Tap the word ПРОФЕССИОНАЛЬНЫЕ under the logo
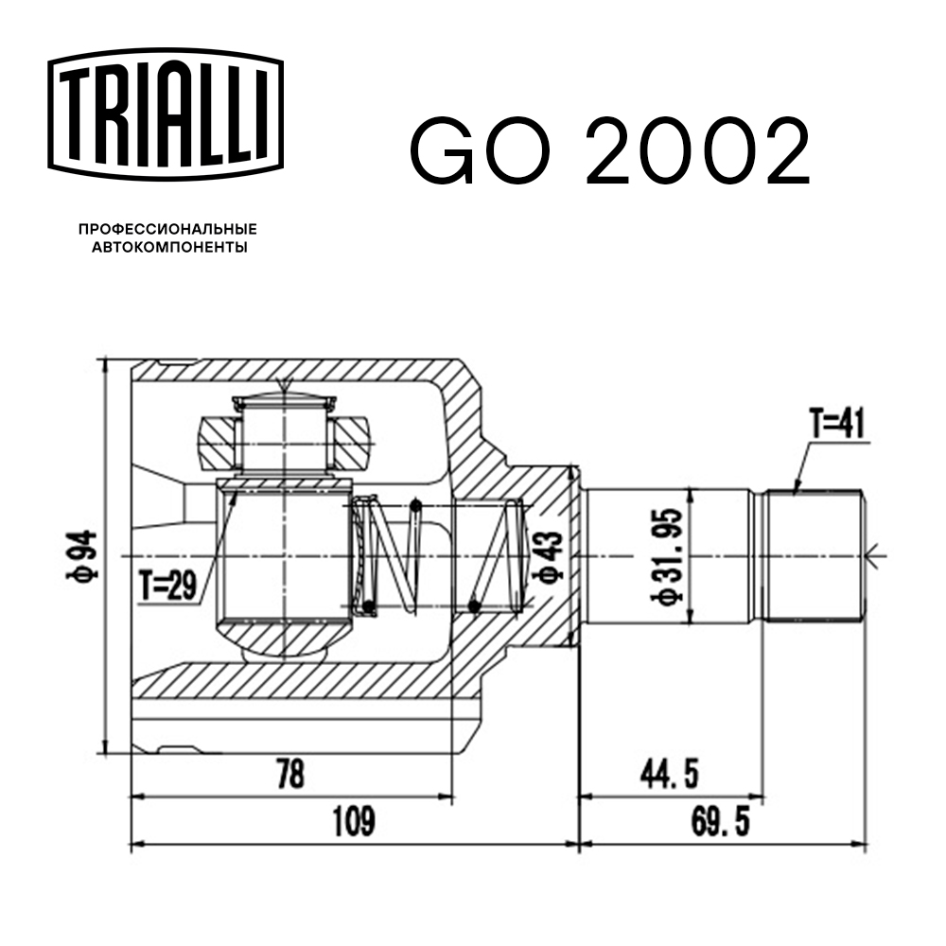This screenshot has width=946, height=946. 167,230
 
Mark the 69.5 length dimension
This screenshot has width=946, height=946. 721,821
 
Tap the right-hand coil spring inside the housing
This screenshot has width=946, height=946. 495,555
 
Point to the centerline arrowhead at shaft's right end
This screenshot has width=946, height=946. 872,554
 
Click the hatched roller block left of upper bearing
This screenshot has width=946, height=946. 216,444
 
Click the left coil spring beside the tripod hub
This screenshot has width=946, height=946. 388,556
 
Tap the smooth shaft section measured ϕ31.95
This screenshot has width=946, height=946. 624,555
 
